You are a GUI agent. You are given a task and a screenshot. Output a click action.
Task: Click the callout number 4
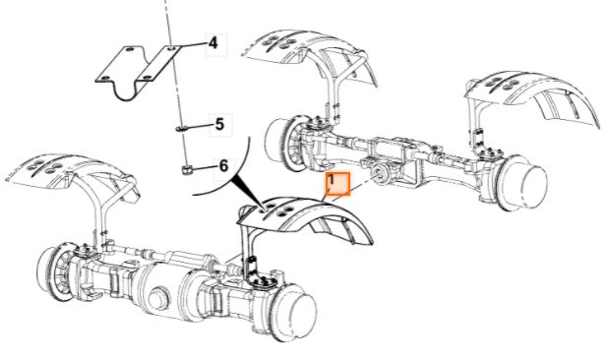coord(212,43)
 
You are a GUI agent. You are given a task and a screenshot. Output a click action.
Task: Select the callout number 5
coord(219,124)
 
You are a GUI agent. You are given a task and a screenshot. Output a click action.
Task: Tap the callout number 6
coord(223,166)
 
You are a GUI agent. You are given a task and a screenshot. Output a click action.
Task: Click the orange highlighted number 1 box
coord(338,184)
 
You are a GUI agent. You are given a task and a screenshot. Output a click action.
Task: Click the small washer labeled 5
coord(181,128)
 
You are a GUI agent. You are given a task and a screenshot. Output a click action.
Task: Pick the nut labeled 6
coord(187,169)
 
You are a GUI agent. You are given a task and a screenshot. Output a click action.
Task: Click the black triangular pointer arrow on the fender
coord(247,191)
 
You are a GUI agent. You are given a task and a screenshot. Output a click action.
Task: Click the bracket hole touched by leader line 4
coord(172,48)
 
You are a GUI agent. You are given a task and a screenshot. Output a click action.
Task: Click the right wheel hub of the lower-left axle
coord(296,313)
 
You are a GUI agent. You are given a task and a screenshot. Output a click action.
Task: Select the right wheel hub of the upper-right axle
coord(525,183)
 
